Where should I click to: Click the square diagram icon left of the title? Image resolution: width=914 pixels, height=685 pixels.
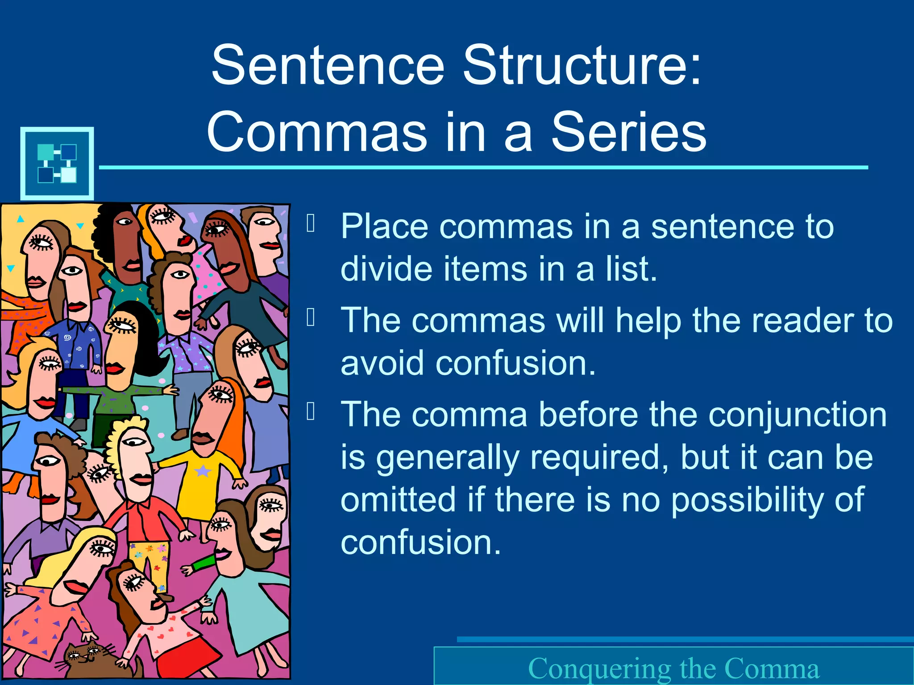(x=57, y=163)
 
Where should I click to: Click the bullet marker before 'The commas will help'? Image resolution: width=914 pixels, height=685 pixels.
(x=311, y=317)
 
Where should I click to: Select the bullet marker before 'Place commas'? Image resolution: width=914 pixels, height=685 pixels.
(x=311, y=223)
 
